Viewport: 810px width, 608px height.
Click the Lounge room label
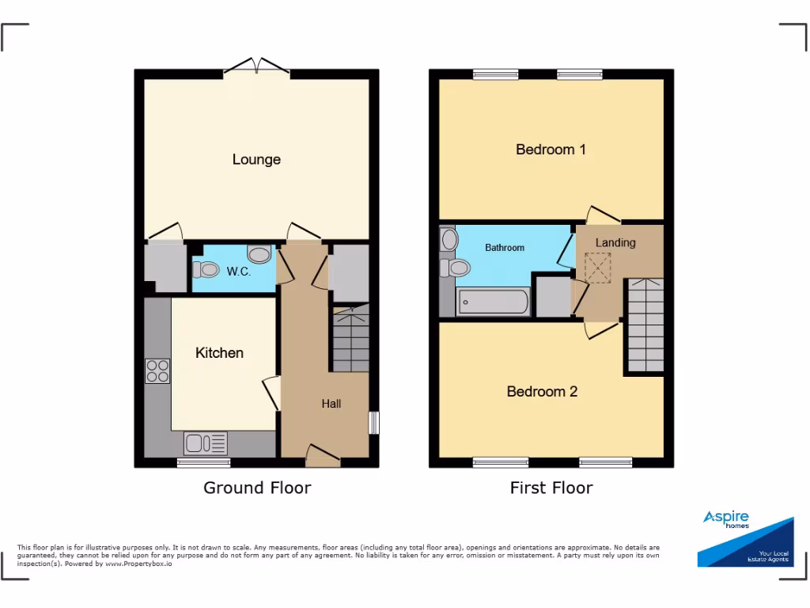pyautogui.click(x=256, y=159)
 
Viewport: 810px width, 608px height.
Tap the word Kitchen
pyautogui.click(x=219, y=352)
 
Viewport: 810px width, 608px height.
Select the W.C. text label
pyautogui.click(x=238, y=272)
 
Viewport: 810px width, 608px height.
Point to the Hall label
pyautogui.click(x=331, y=404)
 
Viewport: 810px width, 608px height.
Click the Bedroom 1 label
pyautogui.click(x=551, y=149)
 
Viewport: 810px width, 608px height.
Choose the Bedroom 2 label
pyautogui.click(x=542, y=391)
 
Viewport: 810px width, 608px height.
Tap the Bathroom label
pyautogui.click(x=504, y=248)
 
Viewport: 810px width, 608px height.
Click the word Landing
pyautogui.click(x=615, y=242)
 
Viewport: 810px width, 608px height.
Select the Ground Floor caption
pyautogui.click(x=257, y=488)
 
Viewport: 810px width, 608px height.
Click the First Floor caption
pyautogui.click(x=551, y=488)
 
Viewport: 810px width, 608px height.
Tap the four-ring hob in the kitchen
pyautogui.click(x=157, y=371)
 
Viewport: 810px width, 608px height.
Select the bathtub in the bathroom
pyautogui.click(x=493, y=302)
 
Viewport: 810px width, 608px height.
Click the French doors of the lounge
pyautogui.click(x=257, y=66)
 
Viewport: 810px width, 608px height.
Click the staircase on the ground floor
pyautogui.click(x=350, y=340)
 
